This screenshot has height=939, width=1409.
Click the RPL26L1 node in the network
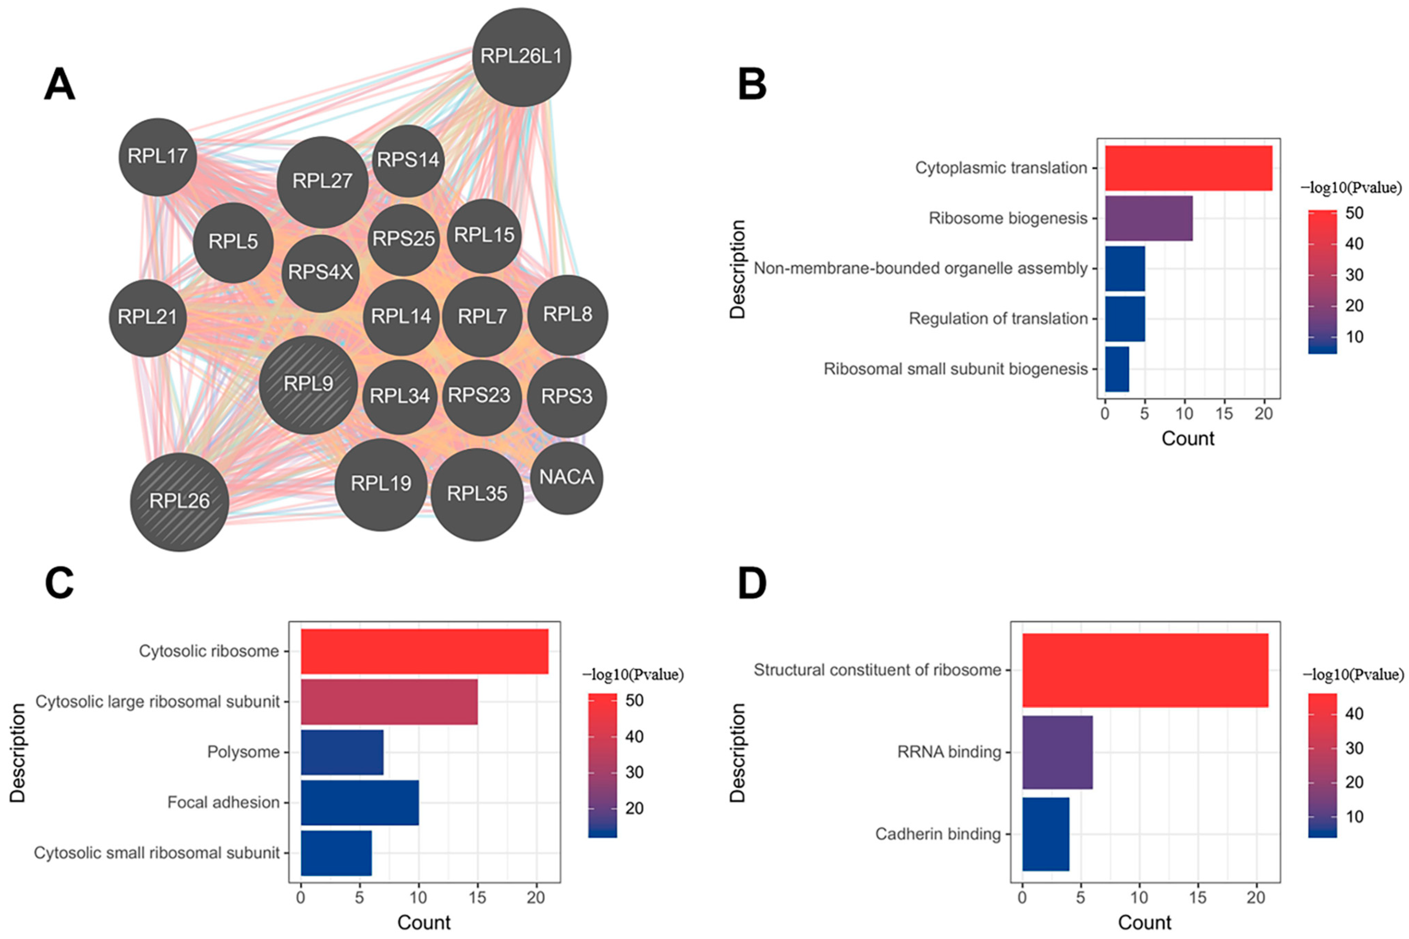[x=521, y=57]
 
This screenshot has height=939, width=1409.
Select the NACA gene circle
[x=566, y=477]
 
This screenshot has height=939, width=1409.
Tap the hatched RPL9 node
[x=308, y=384]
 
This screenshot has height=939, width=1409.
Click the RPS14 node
[x=408, y=160]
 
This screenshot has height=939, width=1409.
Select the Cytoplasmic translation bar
[x=1188, y=168]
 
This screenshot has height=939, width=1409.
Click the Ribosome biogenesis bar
[x=1148, y=218]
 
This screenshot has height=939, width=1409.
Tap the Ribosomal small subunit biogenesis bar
[x=1117, y=369]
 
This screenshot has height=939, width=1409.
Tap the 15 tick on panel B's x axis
[x=1224, y=414]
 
